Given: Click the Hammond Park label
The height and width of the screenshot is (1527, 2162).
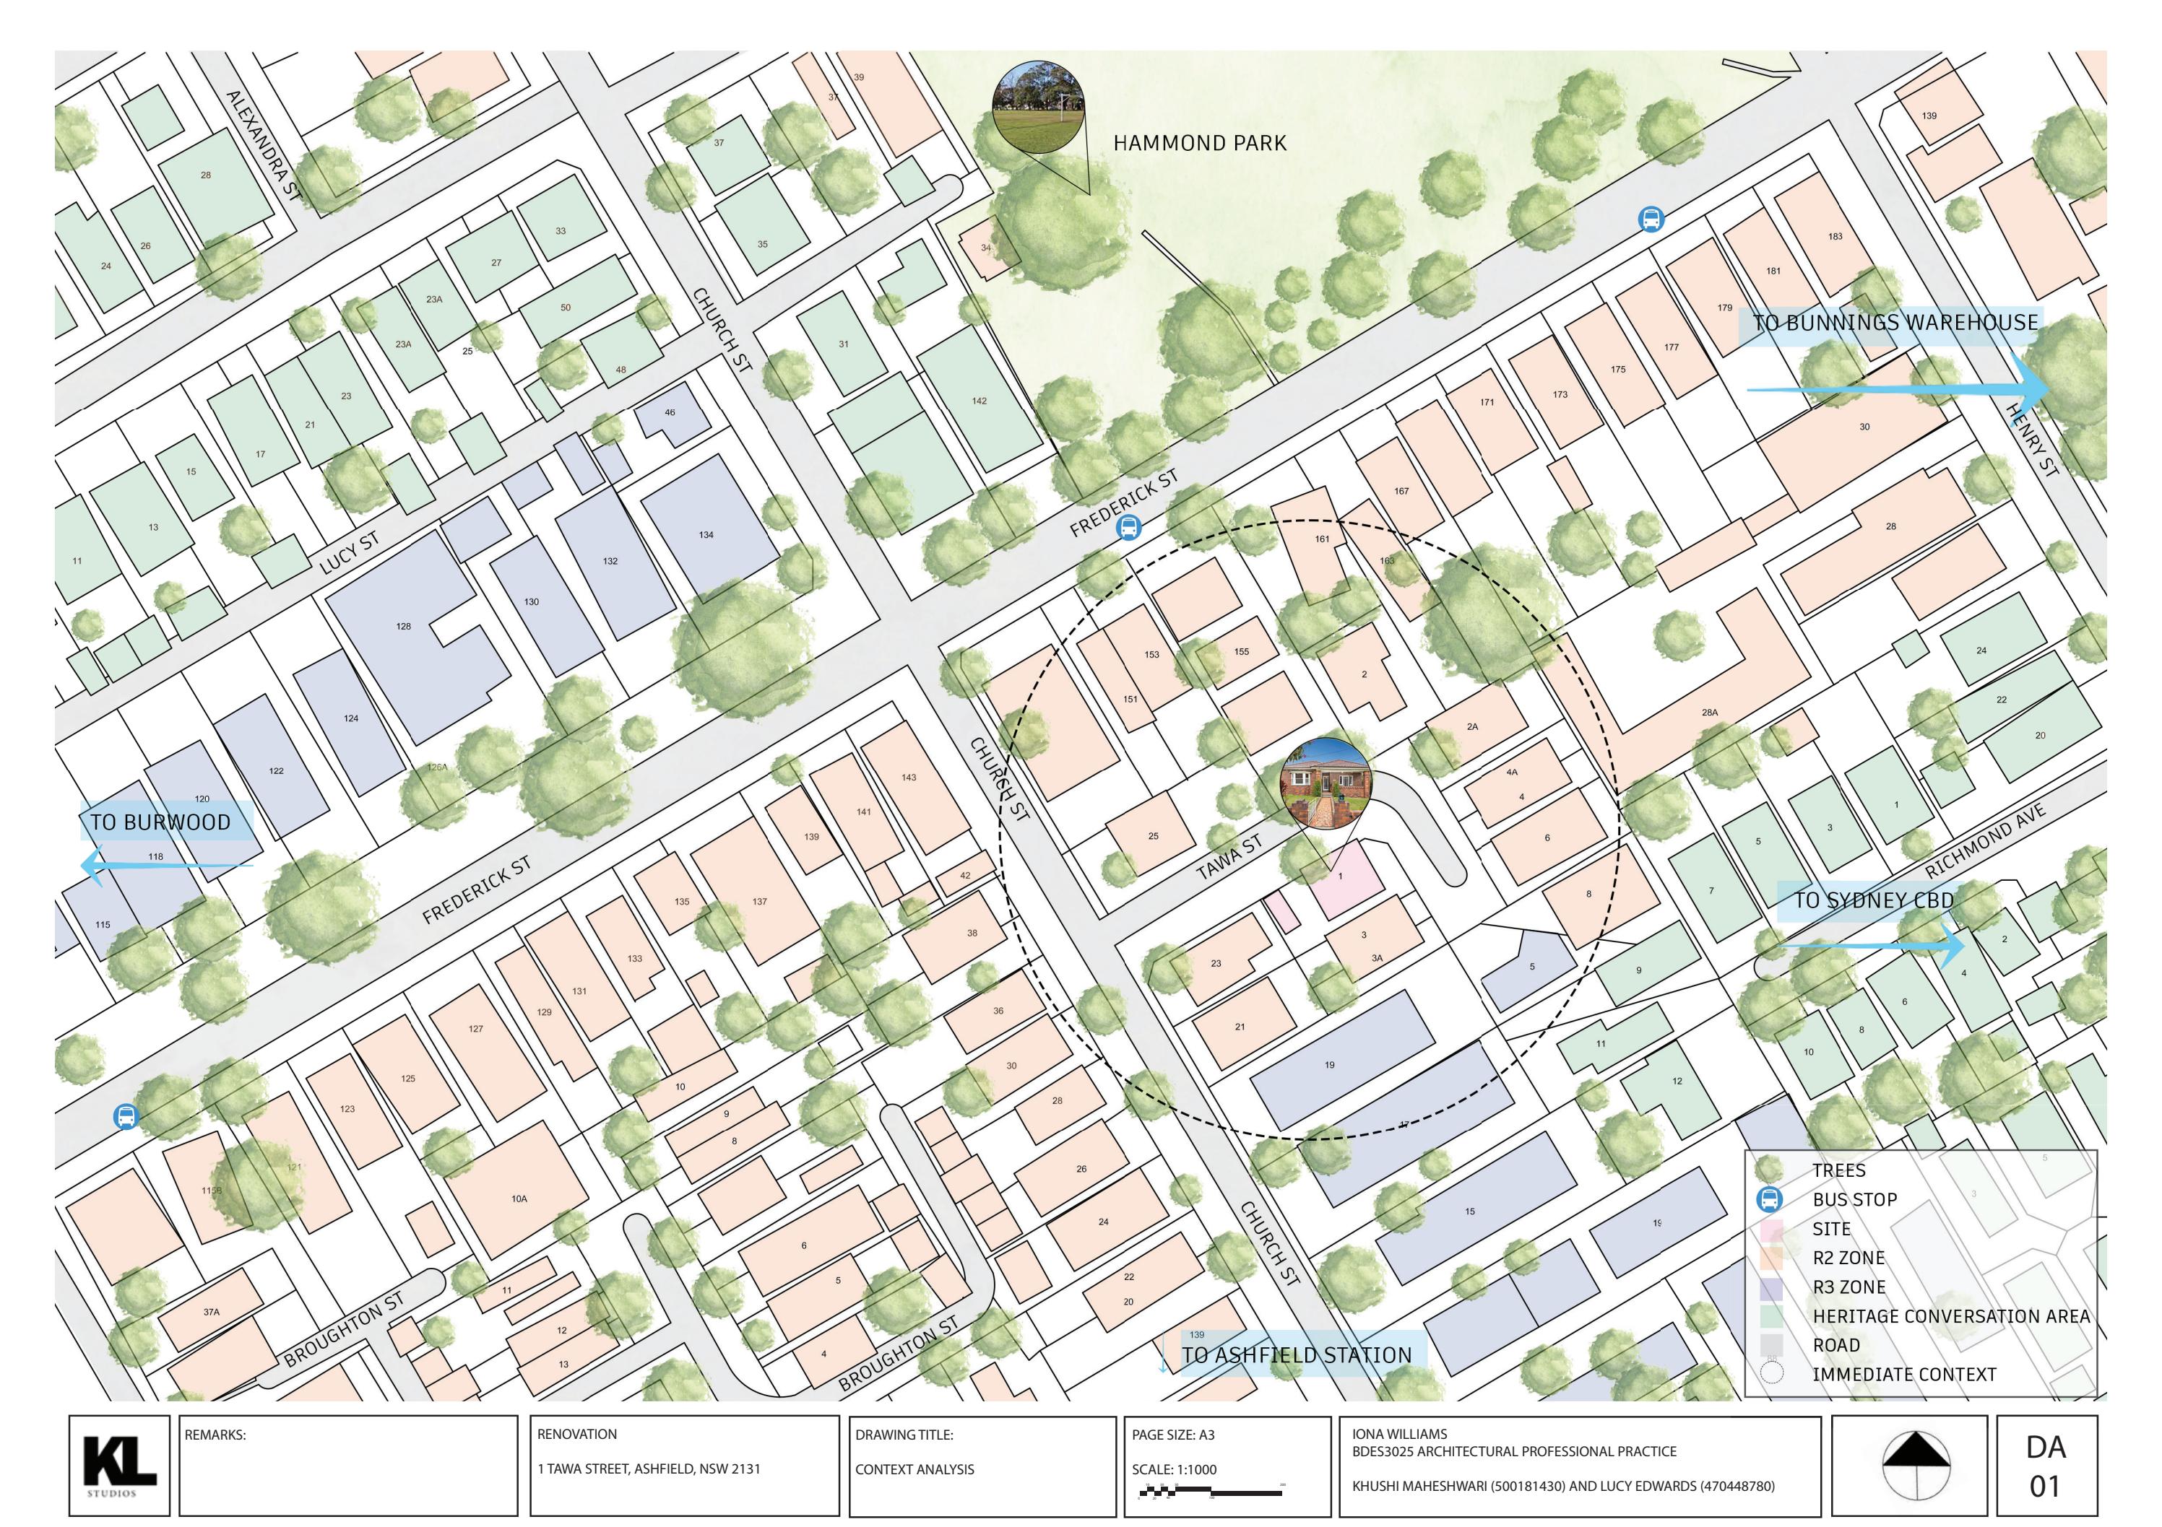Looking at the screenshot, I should pyautogui.click(x=1198, y=143).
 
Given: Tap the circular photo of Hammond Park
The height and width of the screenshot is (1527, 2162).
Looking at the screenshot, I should pyautogui.click(x=1039, y=108).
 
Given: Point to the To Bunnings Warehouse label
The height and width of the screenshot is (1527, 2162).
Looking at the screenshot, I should pyautogui.click(x=1895, y=323).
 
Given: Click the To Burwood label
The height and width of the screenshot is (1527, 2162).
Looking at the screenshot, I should pyautogui.click(x=160, y=822).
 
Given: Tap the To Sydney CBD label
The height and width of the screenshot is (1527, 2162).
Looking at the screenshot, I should pyautogui.click(x=1874, y=900).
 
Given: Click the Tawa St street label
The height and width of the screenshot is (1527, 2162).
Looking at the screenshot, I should pyautogui.click(x=1229, y=858).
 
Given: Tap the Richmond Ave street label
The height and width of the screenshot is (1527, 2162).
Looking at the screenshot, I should pyautogui.click(x=1985, y=840).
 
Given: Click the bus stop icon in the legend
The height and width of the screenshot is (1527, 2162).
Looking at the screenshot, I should pyautogui.click(x=1770, y=1199).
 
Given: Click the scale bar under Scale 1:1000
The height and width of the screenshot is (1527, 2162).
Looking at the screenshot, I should pyautogui.click(x=1210, y=1490).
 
